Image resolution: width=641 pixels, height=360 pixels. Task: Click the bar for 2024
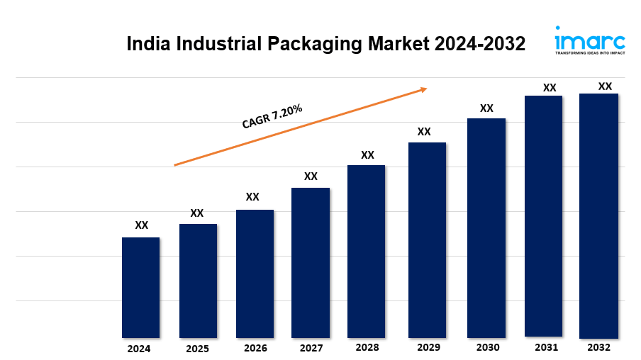pos(140,287)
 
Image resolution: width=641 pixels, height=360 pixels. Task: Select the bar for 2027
pos(311,262)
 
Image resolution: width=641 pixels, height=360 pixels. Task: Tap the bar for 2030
pos(486,227)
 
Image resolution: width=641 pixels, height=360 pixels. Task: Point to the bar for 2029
pos(427,240)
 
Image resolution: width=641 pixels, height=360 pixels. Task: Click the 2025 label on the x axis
pos(197,349)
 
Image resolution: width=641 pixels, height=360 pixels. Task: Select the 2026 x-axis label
pos(255,349)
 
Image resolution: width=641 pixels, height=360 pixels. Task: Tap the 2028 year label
pos(367,348)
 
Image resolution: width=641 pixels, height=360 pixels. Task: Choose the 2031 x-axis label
pos(546,347)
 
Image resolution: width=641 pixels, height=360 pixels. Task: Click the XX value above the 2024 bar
pos(142,225)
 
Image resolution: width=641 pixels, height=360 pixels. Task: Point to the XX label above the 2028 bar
pos(367,154)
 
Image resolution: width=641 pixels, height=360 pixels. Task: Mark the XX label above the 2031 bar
pos(550,88)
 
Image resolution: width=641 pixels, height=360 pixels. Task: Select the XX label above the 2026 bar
pos(252,197)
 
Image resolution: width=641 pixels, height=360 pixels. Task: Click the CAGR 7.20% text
pos(272,117)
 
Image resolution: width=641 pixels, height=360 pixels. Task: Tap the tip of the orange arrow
pos(426,89)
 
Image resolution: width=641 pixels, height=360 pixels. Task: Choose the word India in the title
pos(147,44)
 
